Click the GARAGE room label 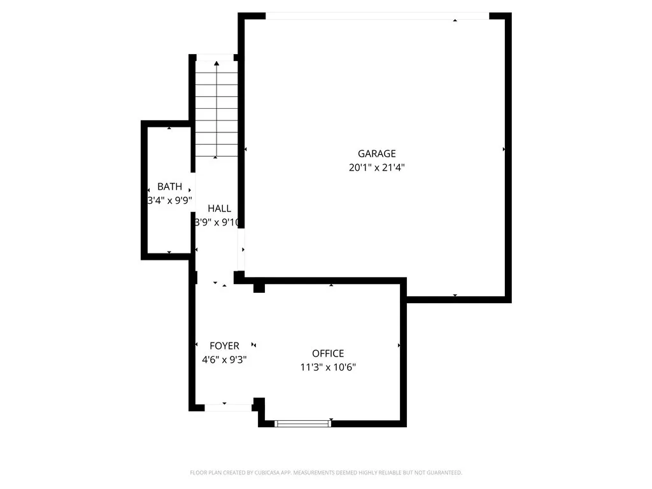pyautogui.click(x=376, y=153)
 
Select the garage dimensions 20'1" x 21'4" pyautogui.click(x=376, y=168)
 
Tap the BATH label pyautogui.click(x=169, y=187)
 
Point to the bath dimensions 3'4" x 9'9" pyautogui.click(x=169, y=200)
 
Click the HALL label pyautogui.click(x=219, y=208)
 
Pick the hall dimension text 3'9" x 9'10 pyautogui.click(x=216, y=222)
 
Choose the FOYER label pyautogui.click(x=224, y=346)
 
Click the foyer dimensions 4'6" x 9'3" pyautogui.click(x=224, y=359)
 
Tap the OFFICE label pyautogui.click(x=328, y=353)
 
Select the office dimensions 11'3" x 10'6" pyautogui.click(x=328, y=367)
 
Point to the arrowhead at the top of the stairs pyautogui.click(x=216, y=63)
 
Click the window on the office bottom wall pyautogui.click(x=302, y=422)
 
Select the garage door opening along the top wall pyautogui.click(x=377, y=16)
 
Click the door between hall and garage pyautogui.click(x=241, y=250)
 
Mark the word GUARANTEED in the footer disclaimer pyautogui.click(x=443, y=472)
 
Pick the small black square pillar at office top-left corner pyautogui.click(x=259, y=288)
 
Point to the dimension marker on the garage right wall pyautogui.click(x=504, y=149)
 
